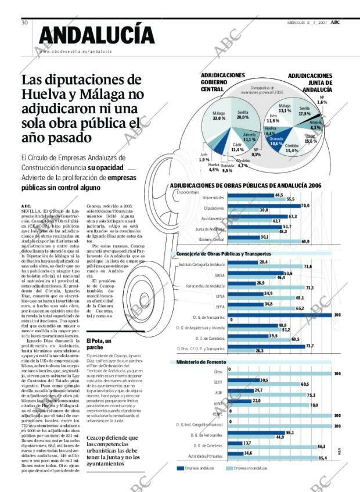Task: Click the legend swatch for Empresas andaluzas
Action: [x=180, y=468]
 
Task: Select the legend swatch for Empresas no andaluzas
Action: [x=229, y=468]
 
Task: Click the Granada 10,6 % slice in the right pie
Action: [x=276, y=141]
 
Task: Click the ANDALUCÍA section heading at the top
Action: [x=96, y=35]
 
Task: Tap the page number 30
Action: [x=25, y=23]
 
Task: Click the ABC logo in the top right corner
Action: [x=336, y=22]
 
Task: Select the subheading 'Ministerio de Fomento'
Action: [x=196, y=362]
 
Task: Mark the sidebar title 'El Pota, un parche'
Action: [x=99, y=343]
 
